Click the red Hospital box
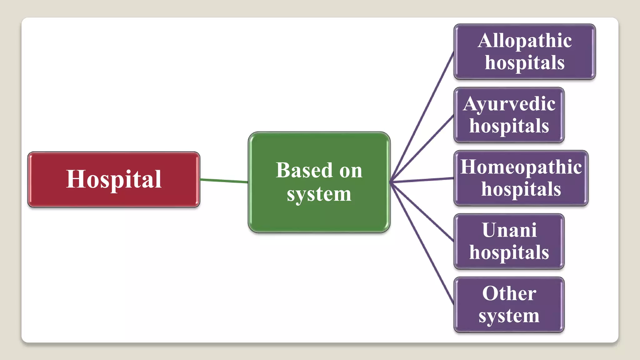click(114, 179)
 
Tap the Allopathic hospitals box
click(524, 51)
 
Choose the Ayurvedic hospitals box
click(509, 115)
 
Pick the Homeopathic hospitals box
click(521, 178)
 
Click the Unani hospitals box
click(509, 241)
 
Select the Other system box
click(509, 305)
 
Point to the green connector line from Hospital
click(224, 180)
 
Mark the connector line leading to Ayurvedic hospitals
click(422, 148)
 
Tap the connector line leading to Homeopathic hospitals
click(422, 180)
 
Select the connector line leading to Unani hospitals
click(422, 212)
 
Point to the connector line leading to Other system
click(422, 244)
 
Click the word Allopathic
click(525, 41)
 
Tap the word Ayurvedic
click(509, 104)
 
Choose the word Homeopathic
click(521, 167)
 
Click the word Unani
click(509, 230)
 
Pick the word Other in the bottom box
click(509, 293)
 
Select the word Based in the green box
click(304, 170)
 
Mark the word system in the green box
click(319, 194)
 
